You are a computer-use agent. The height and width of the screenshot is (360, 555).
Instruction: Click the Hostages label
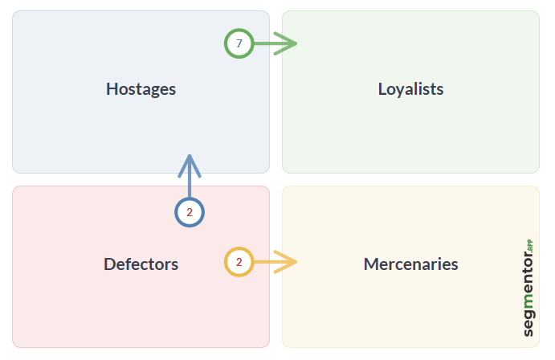pyautogui.click(x=141, y=88)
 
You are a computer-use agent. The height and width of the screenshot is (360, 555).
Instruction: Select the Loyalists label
pyautogui.click(x=410, y=88)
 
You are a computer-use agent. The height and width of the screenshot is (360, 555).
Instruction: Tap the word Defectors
pyautogui.click(x=141, y=264)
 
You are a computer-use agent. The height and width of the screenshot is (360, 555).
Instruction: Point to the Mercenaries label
pyautogui.click(x=410, y=264)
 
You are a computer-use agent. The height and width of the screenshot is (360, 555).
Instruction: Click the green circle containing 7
pyautogui.click(x=239, y=43)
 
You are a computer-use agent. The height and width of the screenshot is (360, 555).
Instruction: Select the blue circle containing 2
pyautogui.click(x=190, y=213)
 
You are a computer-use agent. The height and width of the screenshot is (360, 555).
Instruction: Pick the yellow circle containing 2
pyautogui.click(x=239, y=262)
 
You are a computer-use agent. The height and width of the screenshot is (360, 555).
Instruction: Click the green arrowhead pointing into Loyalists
pyautogui.click(x=288, y=43)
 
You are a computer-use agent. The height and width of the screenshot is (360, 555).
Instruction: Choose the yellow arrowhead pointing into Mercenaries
pyautogui.click(x=288, y=262)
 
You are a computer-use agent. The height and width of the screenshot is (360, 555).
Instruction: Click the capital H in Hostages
pyautogui.click(x=112, y=88)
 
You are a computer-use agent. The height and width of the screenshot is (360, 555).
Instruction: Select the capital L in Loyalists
pyautogui.click(x=382, y=88)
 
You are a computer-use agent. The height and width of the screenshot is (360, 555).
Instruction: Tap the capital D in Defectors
pyautogui.click(x=109, y=264)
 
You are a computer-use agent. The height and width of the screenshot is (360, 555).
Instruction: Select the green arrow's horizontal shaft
pyautogui.click(x=263, y=43)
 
